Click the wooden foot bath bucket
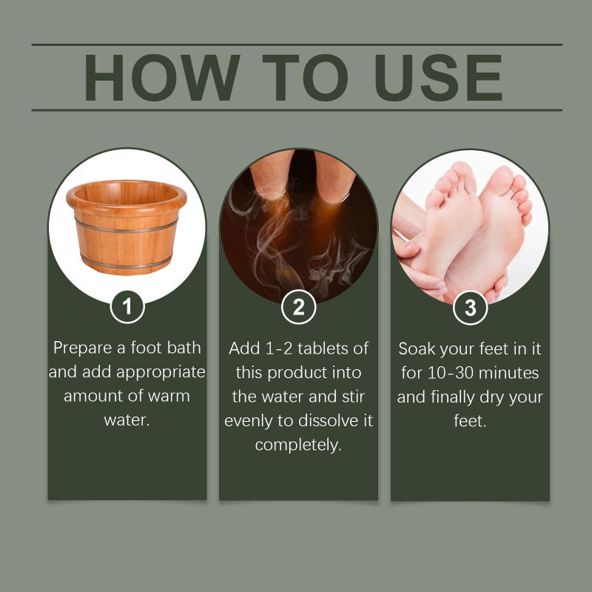coord(127,226)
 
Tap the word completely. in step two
coord(298,445)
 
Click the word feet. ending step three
coord(470,421)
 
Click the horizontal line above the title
coord(296,45)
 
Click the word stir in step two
coord(358,396)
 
